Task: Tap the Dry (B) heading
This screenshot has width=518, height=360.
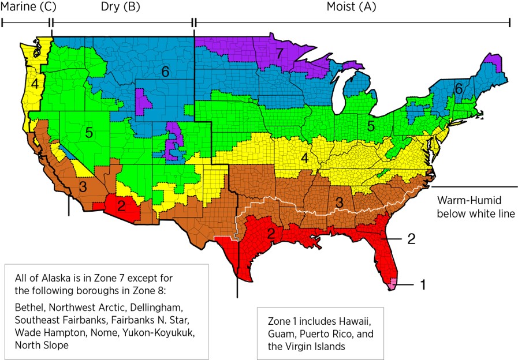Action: pos(121,7)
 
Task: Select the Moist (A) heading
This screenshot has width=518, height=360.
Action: pos(352,7)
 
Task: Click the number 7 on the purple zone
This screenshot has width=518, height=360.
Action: pos(280,54)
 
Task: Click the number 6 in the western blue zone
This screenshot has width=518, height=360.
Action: pos(165,72)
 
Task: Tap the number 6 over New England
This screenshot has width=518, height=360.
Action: pos(458,89)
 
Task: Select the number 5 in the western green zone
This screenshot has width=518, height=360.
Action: pos(89,133)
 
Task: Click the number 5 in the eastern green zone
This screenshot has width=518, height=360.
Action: pos(371,125)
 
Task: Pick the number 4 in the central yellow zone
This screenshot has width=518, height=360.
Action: pos(303,156)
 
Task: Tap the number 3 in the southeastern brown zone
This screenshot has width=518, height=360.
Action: pos(339,202)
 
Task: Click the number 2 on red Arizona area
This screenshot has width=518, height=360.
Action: pos(121,205)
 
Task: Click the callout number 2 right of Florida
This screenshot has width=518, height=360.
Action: pos(411,238)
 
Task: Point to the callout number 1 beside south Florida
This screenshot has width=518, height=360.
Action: pos(423,284)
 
